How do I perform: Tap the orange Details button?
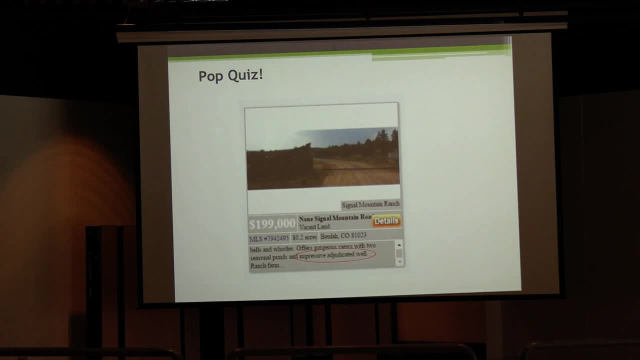[386, 220]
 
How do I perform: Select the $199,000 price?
[272, 223]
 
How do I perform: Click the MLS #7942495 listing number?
[269, 238]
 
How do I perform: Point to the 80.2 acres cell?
[304, 237]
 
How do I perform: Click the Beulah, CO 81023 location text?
[343, 235]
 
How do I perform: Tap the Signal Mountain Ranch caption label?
[370, 204]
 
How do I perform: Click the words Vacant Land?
[314, 226]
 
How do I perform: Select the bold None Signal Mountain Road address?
[335, 218]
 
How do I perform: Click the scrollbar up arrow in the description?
[399, 245]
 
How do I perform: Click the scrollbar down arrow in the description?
[399, 262]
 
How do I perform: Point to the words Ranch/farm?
[264, 266]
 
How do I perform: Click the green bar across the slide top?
[340, 53]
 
